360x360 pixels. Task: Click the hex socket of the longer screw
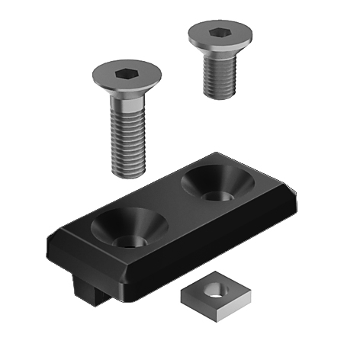click(x=126, y=75)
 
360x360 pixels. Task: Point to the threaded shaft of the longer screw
click(x=128, y=141)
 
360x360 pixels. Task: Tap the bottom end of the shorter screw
click(x=220, y=95)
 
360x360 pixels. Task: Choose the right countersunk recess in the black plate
click(x=216, y=183)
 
